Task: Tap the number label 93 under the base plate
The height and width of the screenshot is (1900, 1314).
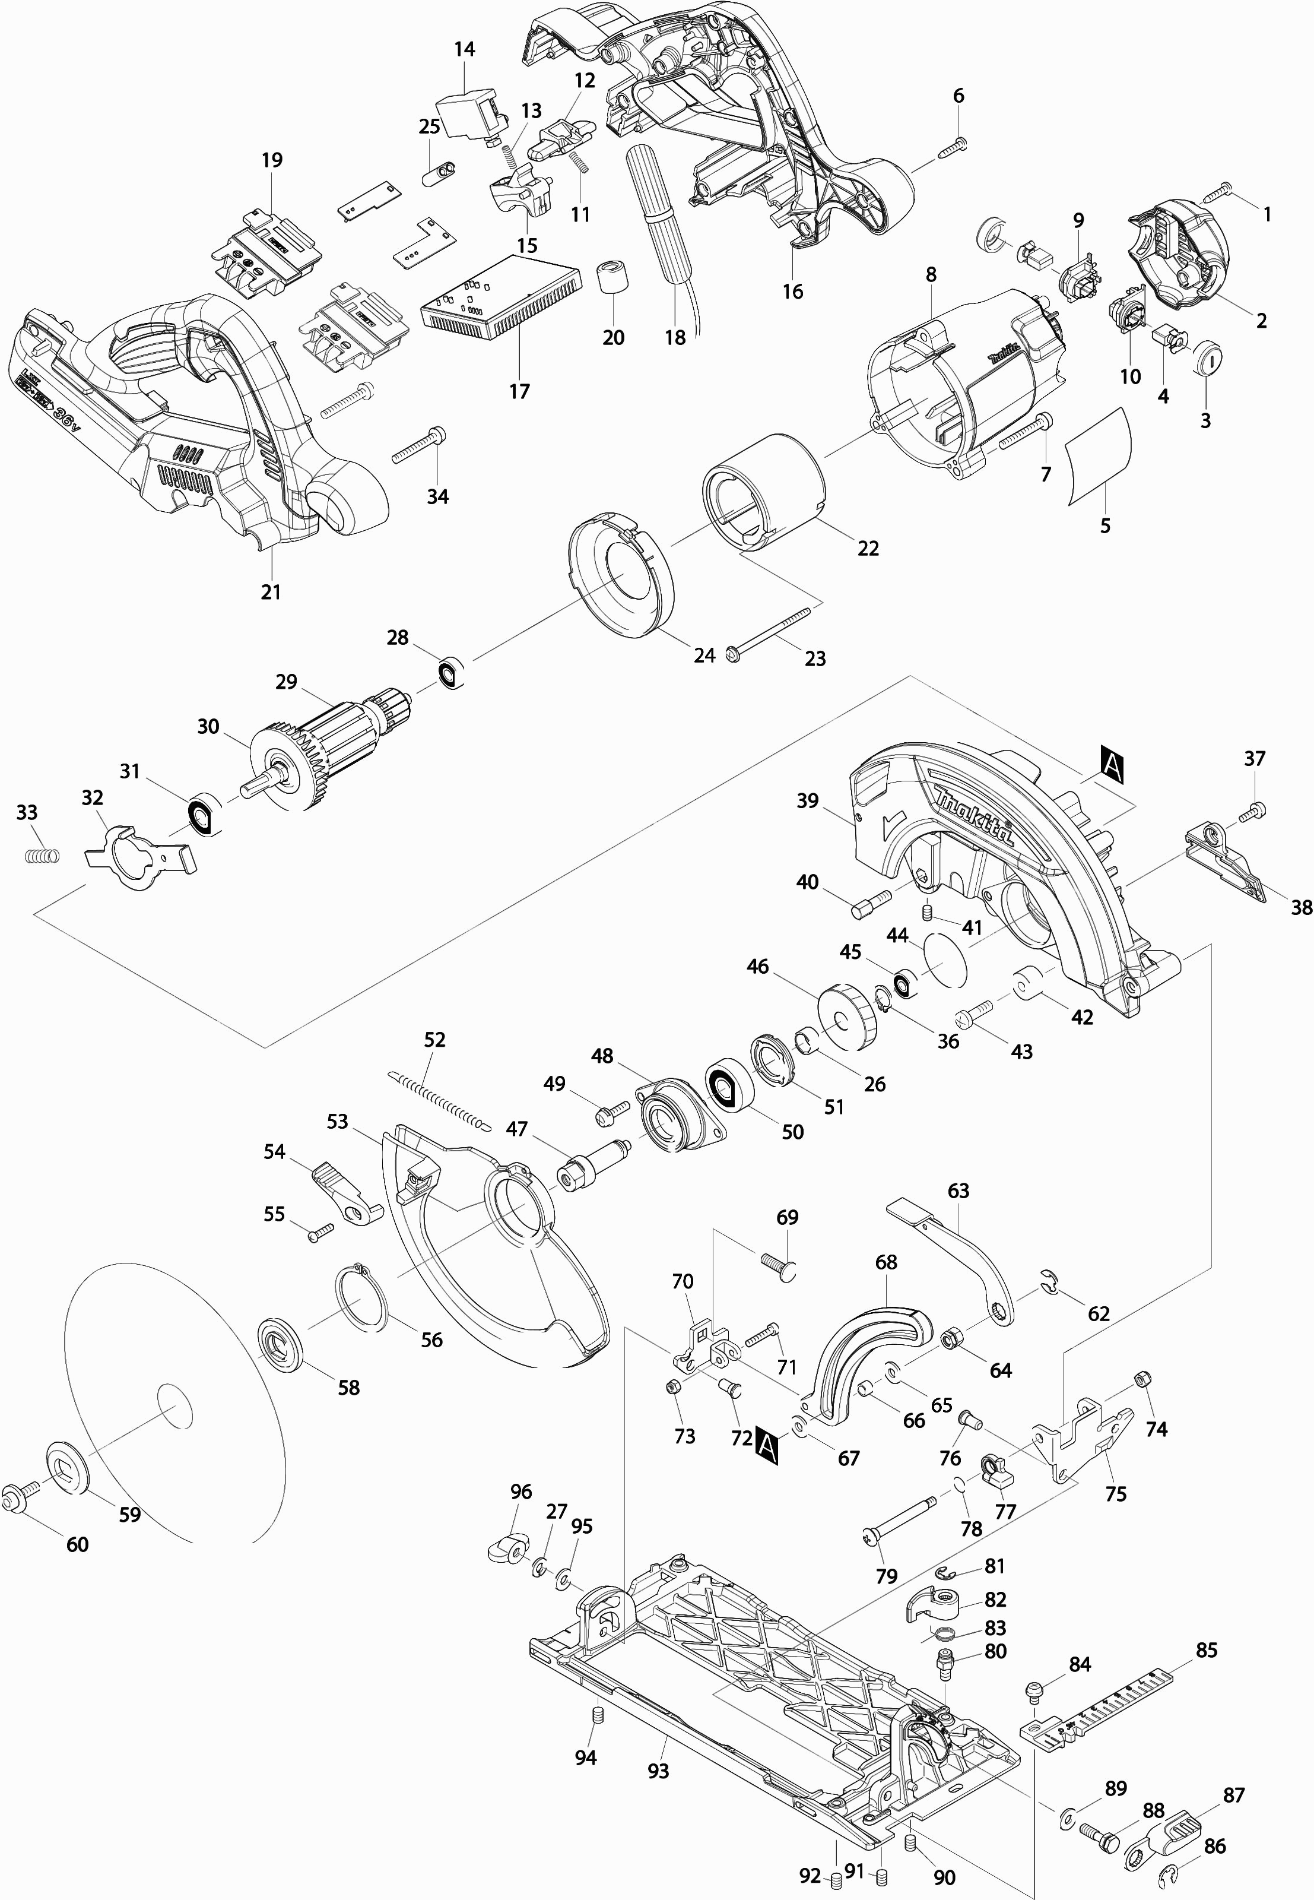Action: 659,1770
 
